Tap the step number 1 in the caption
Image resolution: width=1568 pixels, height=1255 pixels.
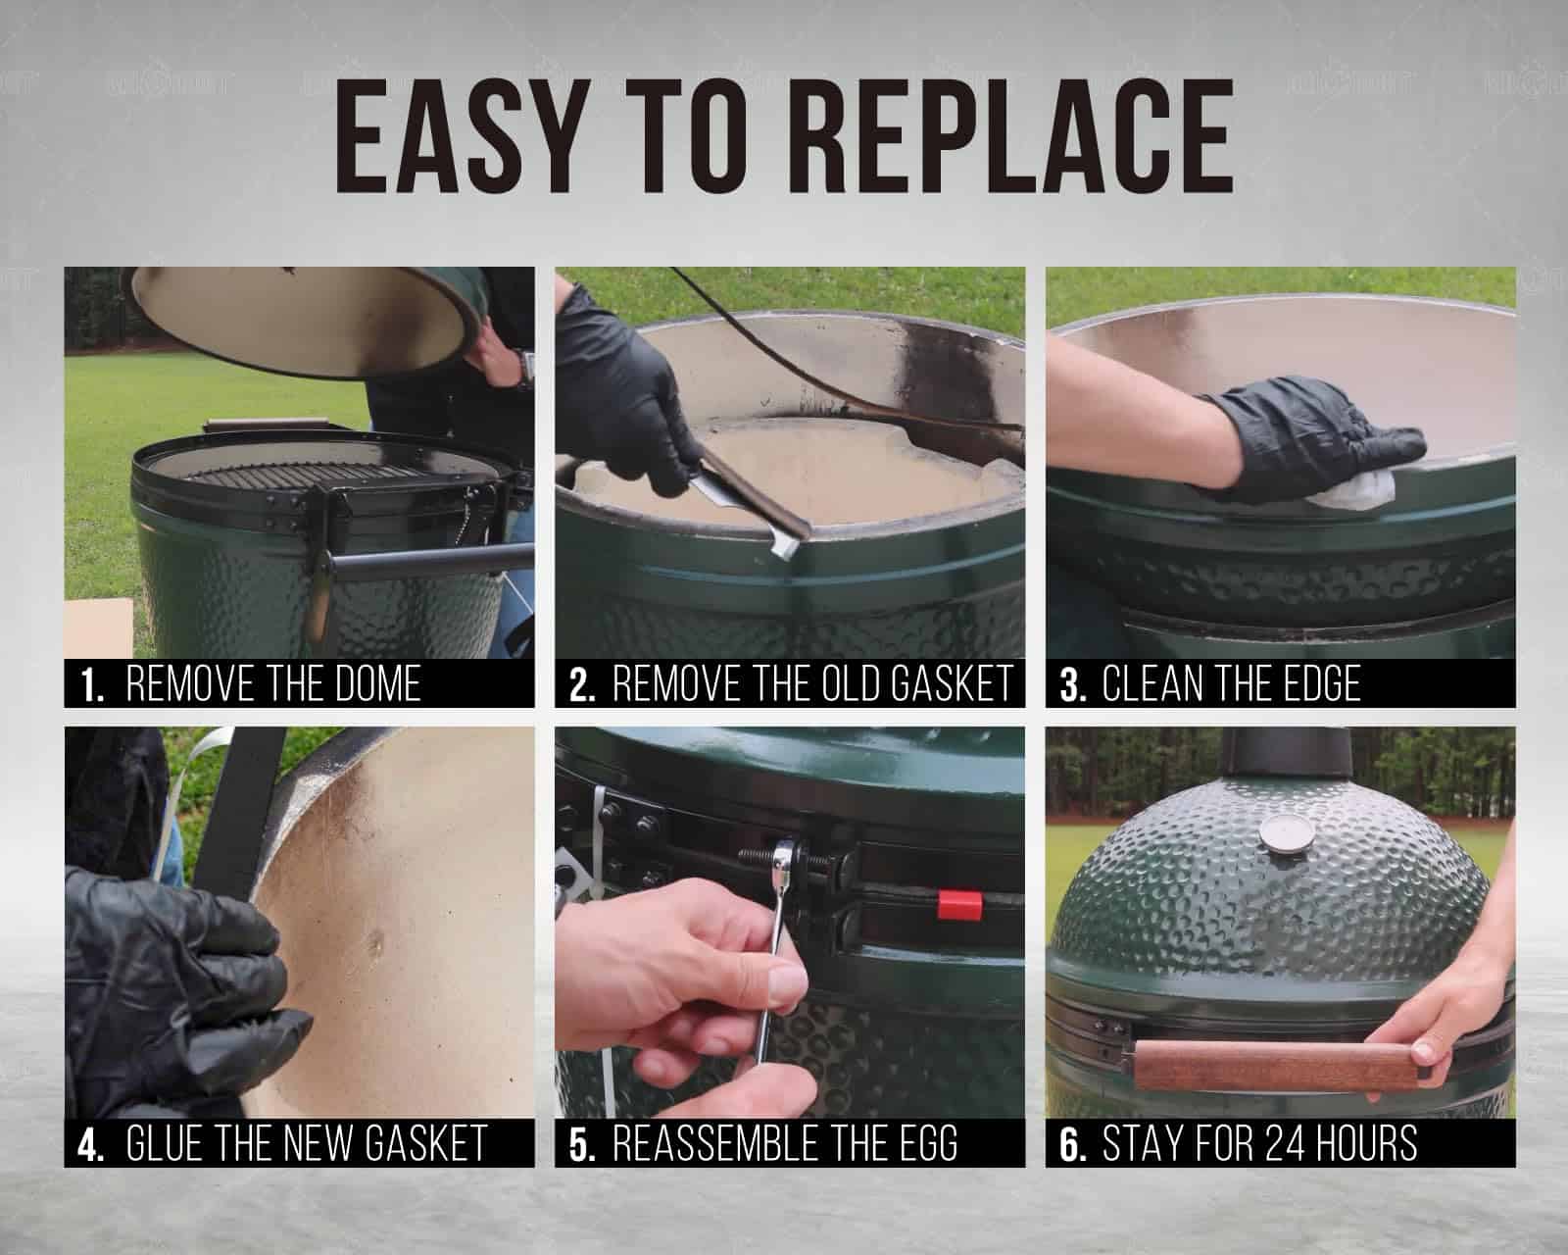92,685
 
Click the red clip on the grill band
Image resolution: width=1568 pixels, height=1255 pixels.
959,905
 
